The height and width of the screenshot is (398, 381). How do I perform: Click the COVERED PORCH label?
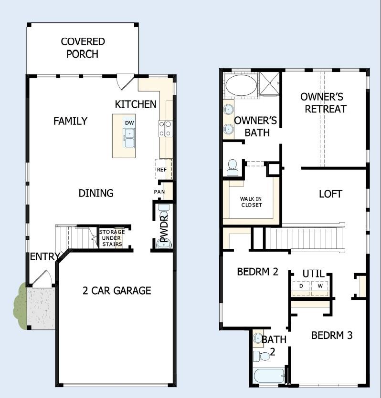coord(83,48)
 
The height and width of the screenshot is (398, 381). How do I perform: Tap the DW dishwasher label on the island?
coord(129,123)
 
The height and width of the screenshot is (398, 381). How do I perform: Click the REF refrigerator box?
coord(162,169)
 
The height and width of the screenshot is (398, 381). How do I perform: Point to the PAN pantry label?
coord(159,192)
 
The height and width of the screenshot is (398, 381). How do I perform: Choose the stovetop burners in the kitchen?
coord(165,129)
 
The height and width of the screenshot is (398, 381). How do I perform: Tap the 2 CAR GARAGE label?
coord(116,290)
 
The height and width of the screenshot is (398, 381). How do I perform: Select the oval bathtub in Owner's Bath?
coord(241,86)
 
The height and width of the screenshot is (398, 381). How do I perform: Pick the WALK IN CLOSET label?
coord(251,202)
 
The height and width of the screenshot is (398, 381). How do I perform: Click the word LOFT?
coord(330,194)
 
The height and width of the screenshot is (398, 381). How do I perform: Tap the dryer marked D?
coord(301,286)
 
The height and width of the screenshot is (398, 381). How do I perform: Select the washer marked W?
coord(320,286)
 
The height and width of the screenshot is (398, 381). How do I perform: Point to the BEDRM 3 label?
coord(332,335)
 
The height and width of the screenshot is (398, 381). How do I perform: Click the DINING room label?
coord(96,193)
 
